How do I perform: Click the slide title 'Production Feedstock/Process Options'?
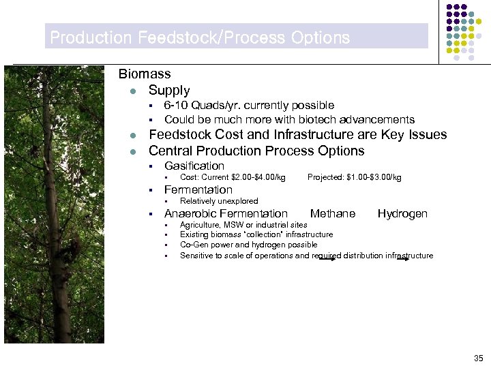tap(200, 37)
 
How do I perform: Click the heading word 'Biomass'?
tap(145, 74)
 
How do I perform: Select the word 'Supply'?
tap(169, 90)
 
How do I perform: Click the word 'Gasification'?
tap(194, 166)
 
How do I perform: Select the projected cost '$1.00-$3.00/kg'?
tap(373, 178)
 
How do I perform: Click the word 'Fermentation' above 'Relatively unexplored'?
tap(198, 189)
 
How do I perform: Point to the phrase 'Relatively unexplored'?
tap(219, 201)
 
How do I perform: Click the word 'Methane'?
tap(333, 214)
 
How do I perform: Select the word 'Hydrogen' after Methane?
tap(402, 214)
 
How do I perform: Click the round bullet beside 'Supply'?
tap(135, 91)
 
